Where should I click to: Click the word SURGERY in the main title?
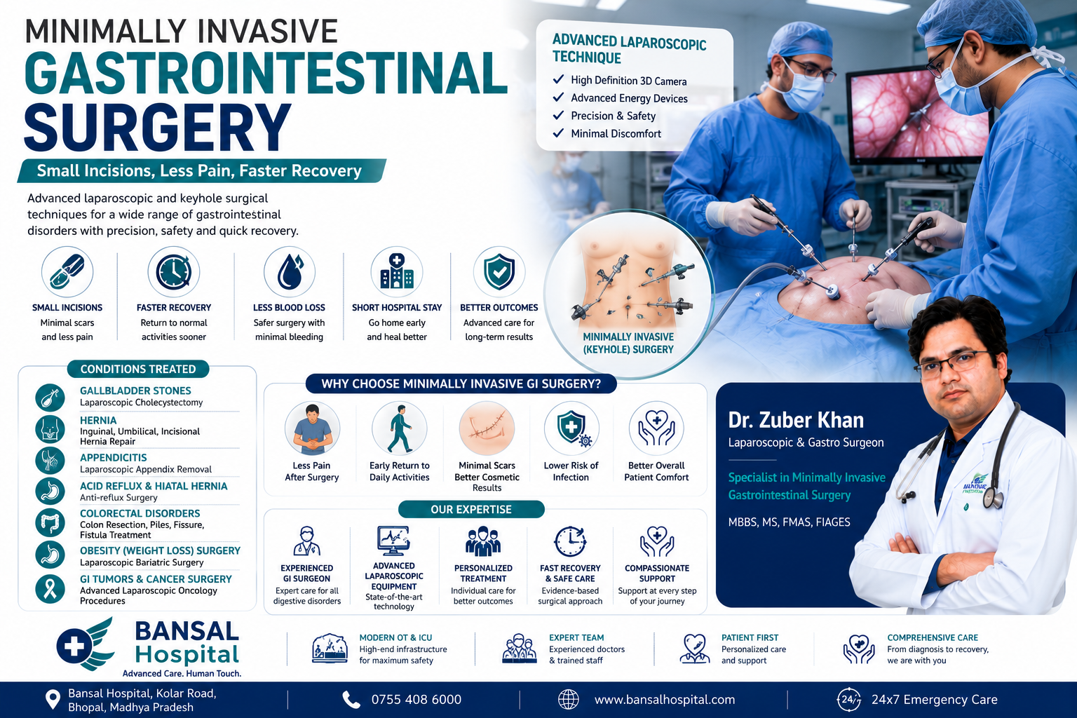pos(158,127)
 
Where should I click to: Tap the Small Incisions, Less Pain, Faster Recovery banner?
pos(201,170)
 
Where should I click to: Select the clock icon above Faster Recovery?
pos(174,272)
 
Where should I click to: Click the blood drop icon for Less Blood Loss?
pos(290,272)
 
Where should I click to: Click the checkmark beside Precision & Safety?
pos(558,116)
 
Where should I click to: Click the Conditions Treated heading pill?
pos(138,369)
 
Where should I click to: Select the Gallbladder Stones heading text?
pos(135,391)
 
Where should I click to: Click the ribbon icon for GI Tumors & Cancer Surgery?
pos(50,589)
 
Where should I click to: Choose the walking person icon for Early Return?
pos(399,428)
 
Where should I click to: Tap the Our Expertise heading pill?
pos(471,509)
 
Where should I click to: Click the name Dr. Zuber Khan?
pos(796,420)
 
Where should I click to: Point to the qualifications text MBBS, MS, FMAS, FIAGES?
pos(789,522)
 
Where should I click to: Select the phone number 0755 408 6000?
pos(416,699)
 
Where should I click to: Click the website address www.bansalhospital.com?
pos(665,699)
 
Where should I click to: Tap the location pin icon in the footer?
pos(53,700)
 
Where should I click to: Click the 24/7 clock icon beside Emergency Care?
pos(848,699)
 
